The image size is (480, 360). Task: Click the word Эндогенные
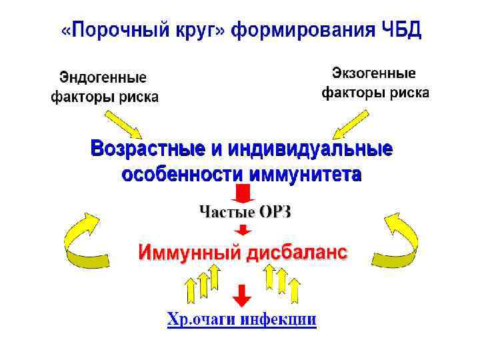point(103,77)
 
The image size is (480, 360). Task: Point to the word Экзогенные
point(374,73)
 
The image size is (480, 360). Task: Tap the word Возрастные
point(150,147)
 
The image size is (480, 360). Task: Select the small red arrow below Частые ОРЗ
point(243,229)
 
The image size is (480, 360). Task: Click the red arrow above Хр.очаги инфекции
point(242,294)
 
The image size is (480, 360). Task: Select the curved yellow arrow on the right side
point(399,240)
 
